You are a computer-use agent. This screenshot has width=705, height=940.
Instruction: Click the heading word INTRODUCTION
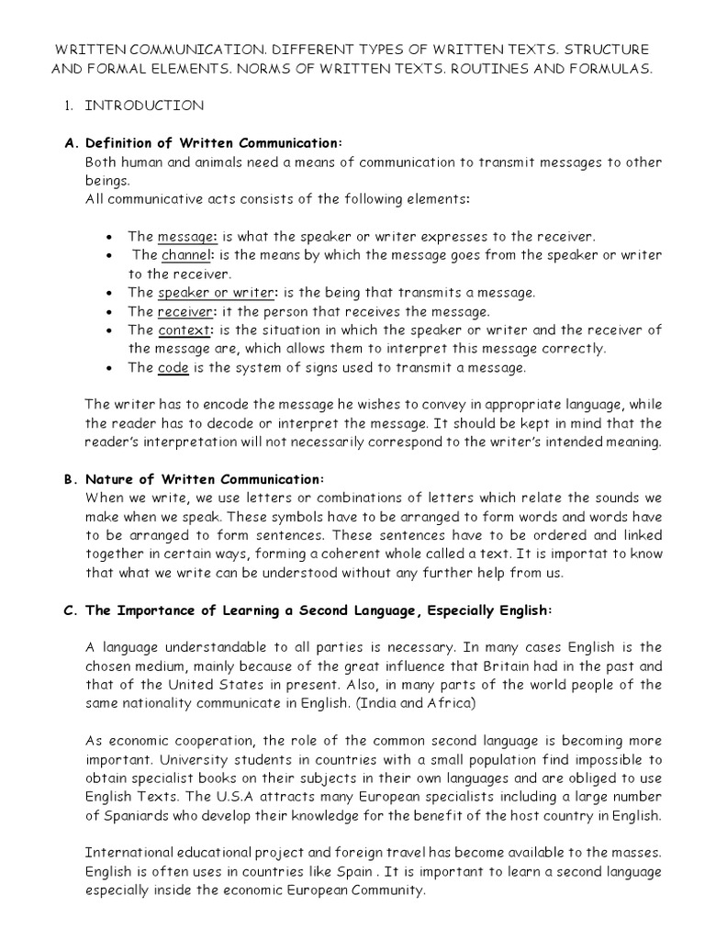(x=144, y=106)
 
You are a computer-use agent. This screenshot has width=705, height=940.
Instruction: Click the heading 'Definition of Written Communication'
(x=213, y=142)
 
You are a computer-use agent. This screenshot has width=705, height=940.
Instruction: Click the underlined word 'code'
(x=173, y=367)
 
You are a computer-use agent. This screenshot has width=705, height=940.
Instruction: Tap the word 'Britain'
(x=520, y=666)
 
